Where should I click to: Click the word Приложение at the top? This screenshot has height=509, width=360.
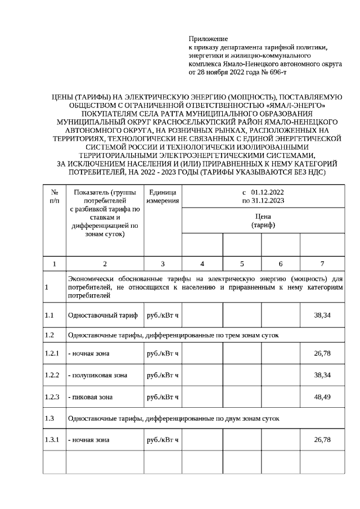tap(208, 39)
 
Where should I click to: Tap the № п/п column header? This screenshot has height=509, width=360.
tap(55, 196)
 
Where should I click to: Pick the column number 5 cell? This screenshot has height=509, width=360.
tap(242, 263)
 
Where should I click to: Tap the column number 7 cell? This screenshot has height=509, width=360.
tap(322, 263)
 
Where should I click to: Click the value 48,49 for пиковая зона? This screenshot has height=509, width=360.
tap(322, 397)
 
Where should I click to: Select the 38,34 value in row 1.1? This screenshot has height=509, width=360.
tap(322, 315)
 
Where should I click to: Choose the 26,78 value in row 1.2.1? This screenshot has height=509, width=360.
tap(322, 353)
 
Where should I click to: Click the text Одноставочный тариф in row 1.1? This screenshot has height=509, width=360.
tap(103, 315)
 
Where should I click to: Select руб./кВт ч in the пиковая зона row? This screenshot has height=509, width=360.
tap(163, 397)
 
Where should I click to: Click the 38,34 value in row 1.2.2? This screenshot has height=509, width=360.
tap(322, 375)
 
